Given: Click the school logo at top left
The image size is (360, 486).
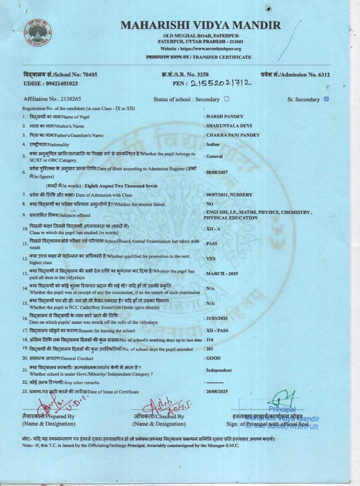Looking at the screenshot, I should (x=38, y=32).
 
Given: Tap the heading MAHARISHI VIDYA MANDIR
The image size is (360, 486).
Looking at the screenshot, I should (x=201, y=25).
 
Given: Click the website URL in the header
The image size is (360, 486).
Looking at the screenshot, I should (x=201, y=49).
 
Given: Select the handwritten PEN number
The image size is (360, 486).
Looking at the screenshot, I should (x=220, y=84).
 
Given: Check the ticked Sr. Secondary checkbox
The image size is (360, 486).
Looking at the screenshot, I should (x=327, y=99).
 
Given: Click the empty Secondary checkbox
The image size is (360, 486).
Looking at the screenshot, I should (x=226, y=99).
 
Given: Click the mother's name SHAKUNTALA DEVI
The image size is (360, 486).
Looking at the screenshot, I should (x=229, y=126).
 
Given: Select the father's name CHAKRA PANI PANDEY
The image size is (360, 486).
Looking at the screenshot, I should (x=233, y=135).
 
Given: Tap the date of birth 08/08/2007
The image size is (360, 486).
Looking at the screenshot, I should (x=217, y=172).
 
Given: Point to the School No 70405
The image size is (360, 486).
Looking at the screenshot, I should (x=90, y=75).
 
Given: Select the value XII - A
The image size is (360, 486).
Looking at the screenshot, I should (x=213, y=229).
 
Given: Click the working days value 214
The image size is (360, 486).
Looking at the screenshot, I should (x=210, y=340).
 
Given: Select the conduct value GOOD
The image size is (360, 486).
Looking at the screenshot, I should (x=213, y=358).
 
